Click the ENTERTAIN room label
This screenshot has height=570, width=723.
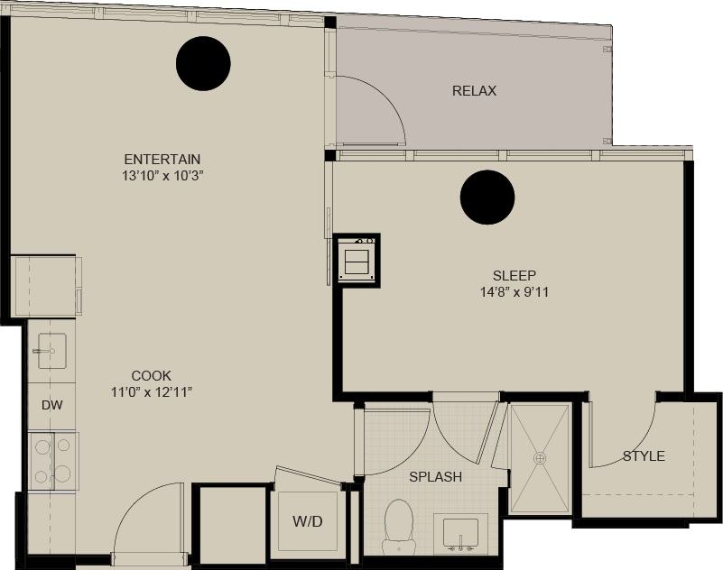click(x=162, y=159)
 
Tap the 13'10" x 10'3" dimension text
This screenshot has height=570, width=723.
click(x=162, y=175)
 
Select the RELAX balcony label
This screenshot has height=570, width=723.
click(x=474, y=91)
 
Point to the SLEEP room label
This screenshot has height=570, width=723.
click(x=514, y=275)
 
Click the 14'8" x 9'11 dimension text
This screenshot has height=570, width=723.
click(x=514, y=291)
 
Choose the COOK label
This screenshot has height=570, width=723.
click(x=151, y=375)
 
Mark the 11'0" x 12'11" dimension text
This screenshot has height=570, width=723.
click(x=151, y=391)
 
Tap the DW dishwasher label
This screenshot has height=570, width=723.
click(x=51, y=405)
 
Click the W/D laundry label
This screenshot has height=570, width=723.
click(x=308, y=521)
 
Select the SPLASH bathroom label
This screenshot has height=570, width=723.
click(x=435, y=477)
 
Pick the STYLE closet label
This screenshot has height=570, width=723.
click(x=644, y=456)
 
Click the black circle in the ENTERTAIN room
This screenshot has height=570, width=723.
click(x=203, y=63)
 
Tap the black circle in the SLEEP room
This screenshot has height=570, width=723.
click(x=487, y=198)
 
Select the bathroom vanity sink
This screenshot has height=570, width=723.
click(x=461, y=533)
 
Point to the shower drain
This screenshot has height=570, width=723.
click(x=540, y=458)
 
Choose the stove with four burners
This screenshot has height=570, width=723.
click(x=51, y=460)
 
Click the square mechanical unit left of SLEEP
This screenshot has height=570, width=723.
click(x=357, y=260)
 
